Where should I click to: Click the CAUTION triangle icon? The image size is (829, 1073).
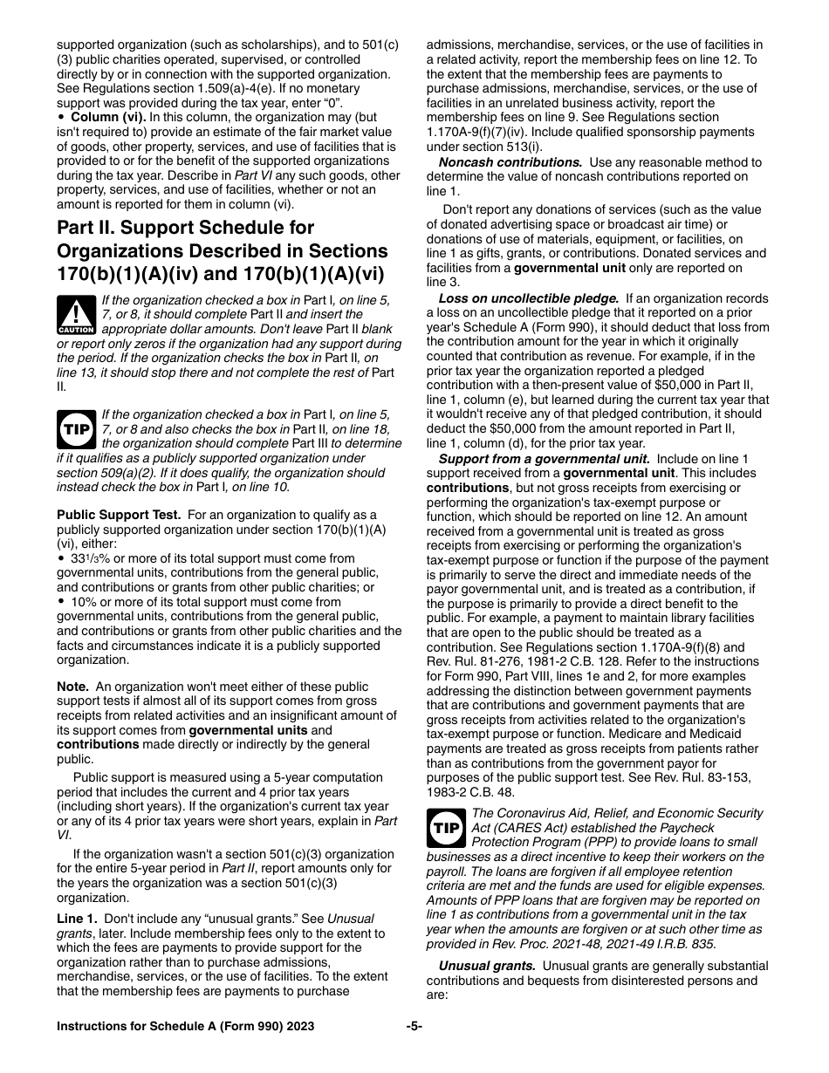[77, 315]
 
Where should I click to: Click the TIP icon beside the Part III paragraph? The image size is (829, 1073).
[77, 429]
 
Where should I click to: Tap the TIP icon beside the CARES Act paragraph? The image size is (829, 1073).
[446, 828]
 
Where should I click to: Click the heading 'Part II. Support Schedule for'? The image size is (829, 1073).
[186, 228]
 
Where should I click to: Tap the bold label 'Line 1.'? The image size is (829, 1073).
[79, 919]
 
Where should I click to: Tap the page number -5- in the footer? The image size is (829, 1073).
[414, 1027]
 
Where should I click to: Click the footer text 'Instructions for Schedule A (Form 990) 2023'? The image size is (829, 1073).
[185, 1027]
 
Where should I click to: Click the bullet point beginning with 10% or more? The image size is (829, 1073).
[62, 602]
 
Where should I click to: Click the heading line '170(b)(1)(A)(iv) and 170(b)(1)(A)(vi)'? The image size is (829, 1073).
[219, 273]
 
